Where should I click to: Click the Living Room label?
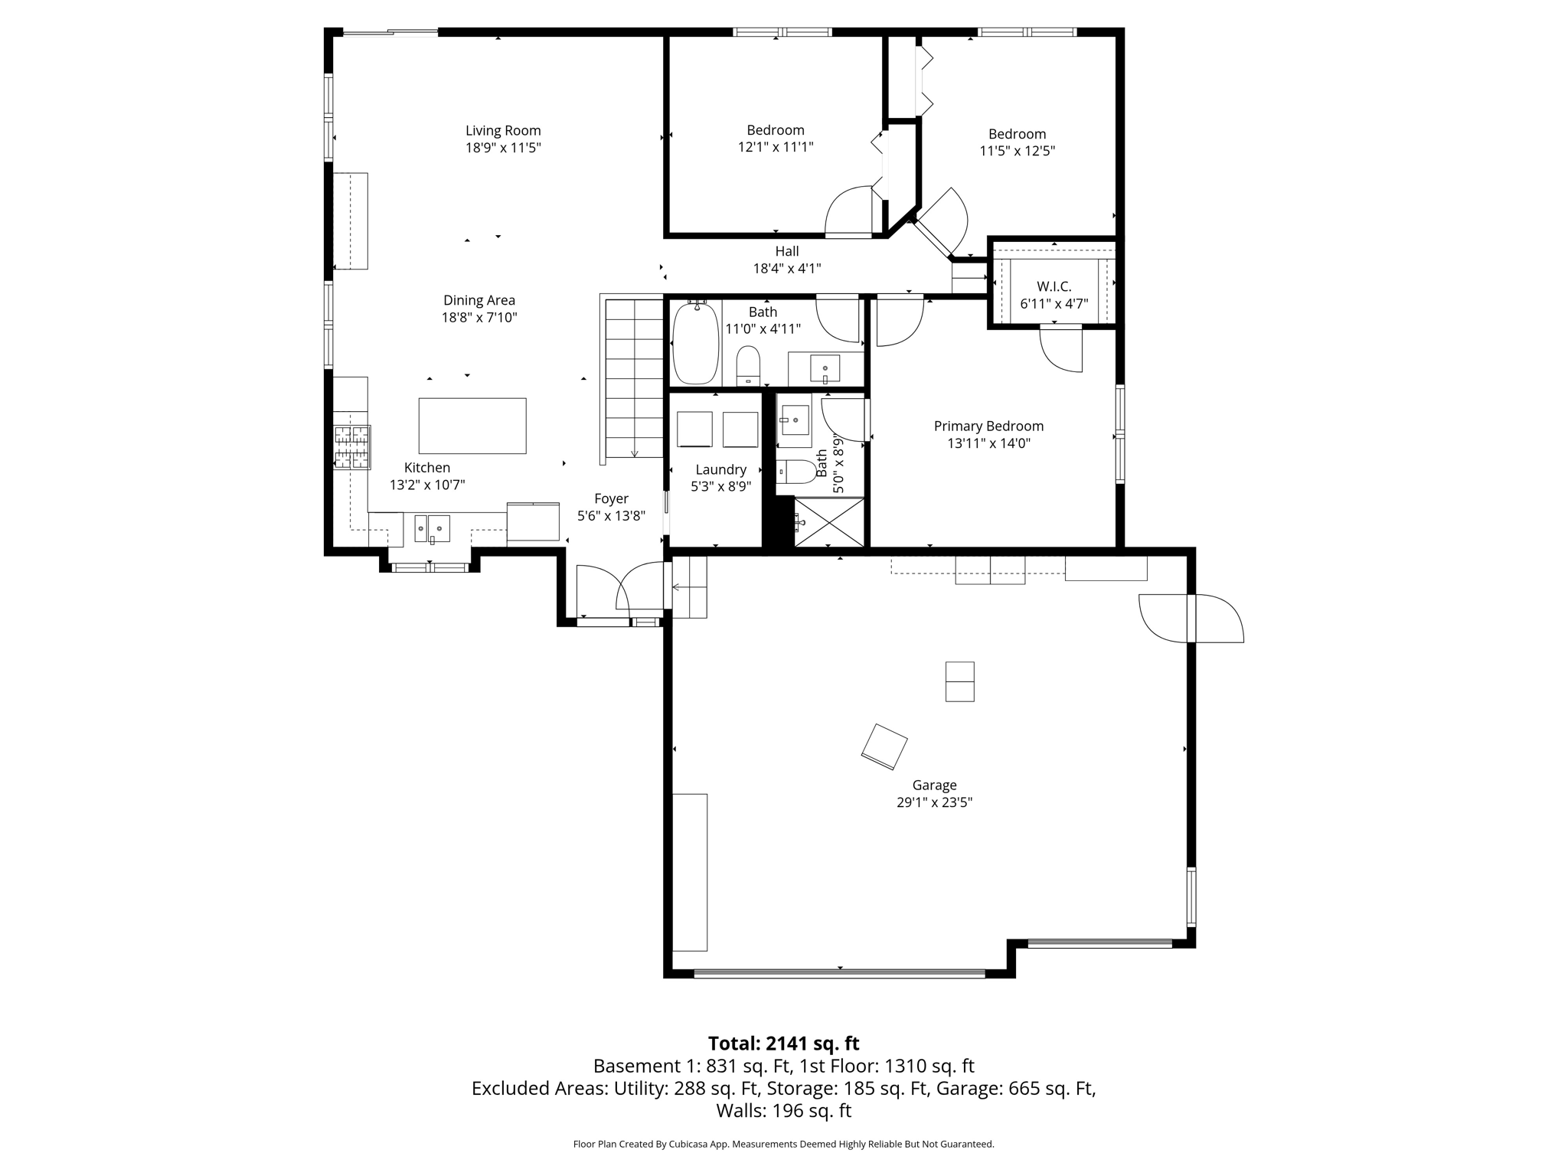(503, 131)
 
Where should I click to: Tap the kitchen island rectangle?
(472, 426)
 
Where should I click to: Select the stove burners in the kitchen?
(352, 447)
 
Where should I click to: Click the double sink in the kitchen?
(432, 528)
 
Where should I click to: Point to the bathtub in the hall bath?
(695, 344)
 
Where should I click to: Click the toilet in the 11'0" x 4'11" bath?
(748, 366)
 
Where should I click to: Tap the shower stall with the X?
(829, 522)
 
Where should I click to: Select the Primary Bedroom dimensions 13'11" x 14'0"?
(988, 443)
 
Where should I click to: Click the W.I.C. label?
(1053, 286)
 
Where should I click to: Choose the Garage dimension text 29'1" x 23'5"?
(934, 802)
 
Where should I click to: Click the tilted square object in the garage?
(884, 746)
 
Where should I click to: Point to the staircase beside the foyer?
(634, 379)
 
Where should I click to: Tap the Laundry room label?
(720, 469)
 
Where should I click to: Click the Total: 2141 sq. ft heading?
(783, 1044)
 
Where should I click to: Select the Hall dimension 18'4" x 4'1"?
(786, 268)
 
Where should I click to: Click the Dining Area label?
(479, 300)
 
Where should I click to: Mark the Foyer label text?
(611, 498)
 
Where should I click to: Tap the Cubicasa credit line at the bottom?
(783, 1145)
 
